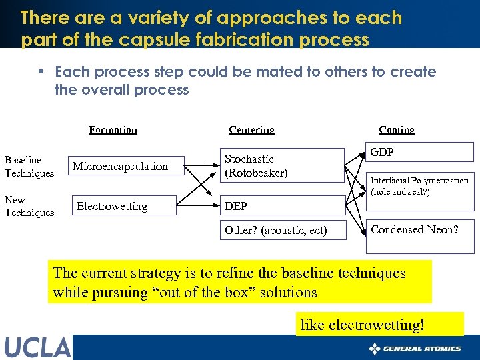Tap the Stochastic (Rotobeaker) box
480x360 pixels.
pos(283,166)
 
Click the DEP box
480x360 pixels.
pos(283,206)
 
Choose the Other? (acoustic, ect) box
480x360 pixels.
pos(283,231)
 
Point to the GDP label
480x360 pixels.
pos(382,153)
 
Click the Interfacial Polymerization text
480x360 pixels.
pos(419,181)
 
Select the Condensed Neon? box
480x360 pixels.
pos(419,230)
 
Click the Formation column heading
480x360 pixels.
pos(113,130)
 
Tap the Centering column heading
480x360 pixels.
pos(251,130)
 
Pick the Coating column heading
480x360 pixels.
pos(397,130)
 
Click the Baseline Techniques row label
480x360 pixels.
pos(29,167)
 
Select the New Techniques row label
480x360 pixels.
pos(29,206)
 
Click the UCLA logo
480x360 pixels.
pos(37,347)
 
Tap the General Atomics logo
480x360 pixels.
pos(415,349)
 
